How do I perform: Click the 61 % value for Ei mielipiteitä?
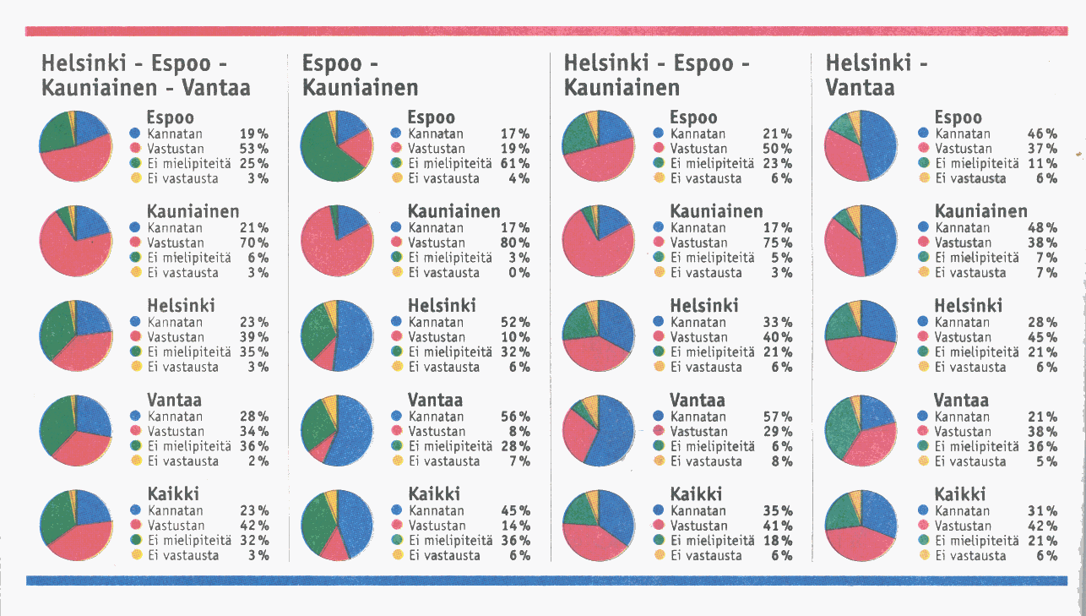514,163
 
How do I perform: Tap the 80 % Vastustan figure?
514,243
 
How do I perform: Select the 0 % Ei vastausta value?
519,273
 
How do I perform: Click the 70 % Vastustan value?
253,243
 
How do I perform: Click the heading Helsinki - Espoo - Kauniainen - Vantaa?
145,75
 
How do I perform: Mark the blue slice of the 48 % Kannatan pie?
878,241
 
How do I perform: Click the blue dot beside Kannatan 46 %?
923,134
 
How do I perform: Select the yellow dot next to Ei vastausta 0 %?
397,273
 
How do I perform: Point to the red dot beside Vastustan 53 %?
135,149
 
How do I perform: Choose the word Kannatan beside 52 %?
436,322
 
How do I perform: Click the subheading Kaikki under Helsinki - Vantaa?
959,494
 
